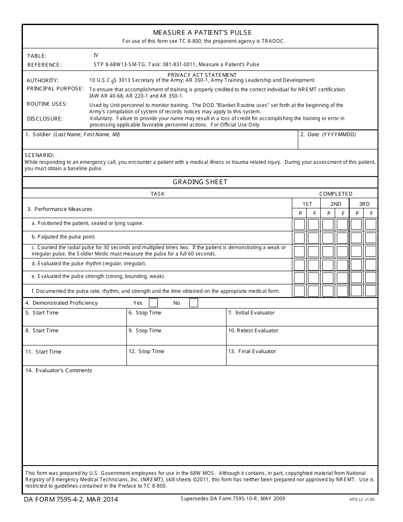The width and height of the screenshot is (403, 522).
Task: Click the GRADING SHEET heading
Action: coord(200,182)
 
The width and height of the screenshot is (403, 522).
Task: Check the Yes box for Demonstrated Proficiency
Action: coord(153,303)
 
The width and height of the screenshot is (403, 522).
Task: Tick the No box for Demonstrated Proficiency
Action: coord(193,303)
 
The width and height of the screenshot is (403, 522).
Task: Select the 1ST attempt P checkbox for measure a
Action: coord(299,224)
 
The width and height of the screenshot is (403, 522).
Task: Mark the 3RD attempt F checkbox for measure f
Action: coord(370,291)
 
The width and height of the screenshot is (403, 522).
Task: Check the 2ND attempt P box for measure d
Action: coord(328,265)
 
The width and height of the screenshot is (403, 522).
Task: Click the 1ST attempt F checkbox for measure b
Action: coord(313,238)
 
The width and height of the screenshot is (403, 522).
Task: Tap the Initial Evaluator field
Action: coord(302,320)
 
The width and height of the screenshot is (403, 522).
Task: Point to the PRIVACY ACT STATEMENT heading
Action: coord(202,75)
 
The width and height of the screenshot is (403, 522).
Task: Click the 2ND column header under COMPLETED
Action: coord(336,204)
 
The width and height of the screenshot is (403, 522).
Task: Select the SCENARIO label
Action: coord(39,155)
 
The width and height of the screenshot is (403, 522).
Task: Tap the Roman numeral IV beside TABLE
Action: coord(96,55)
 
